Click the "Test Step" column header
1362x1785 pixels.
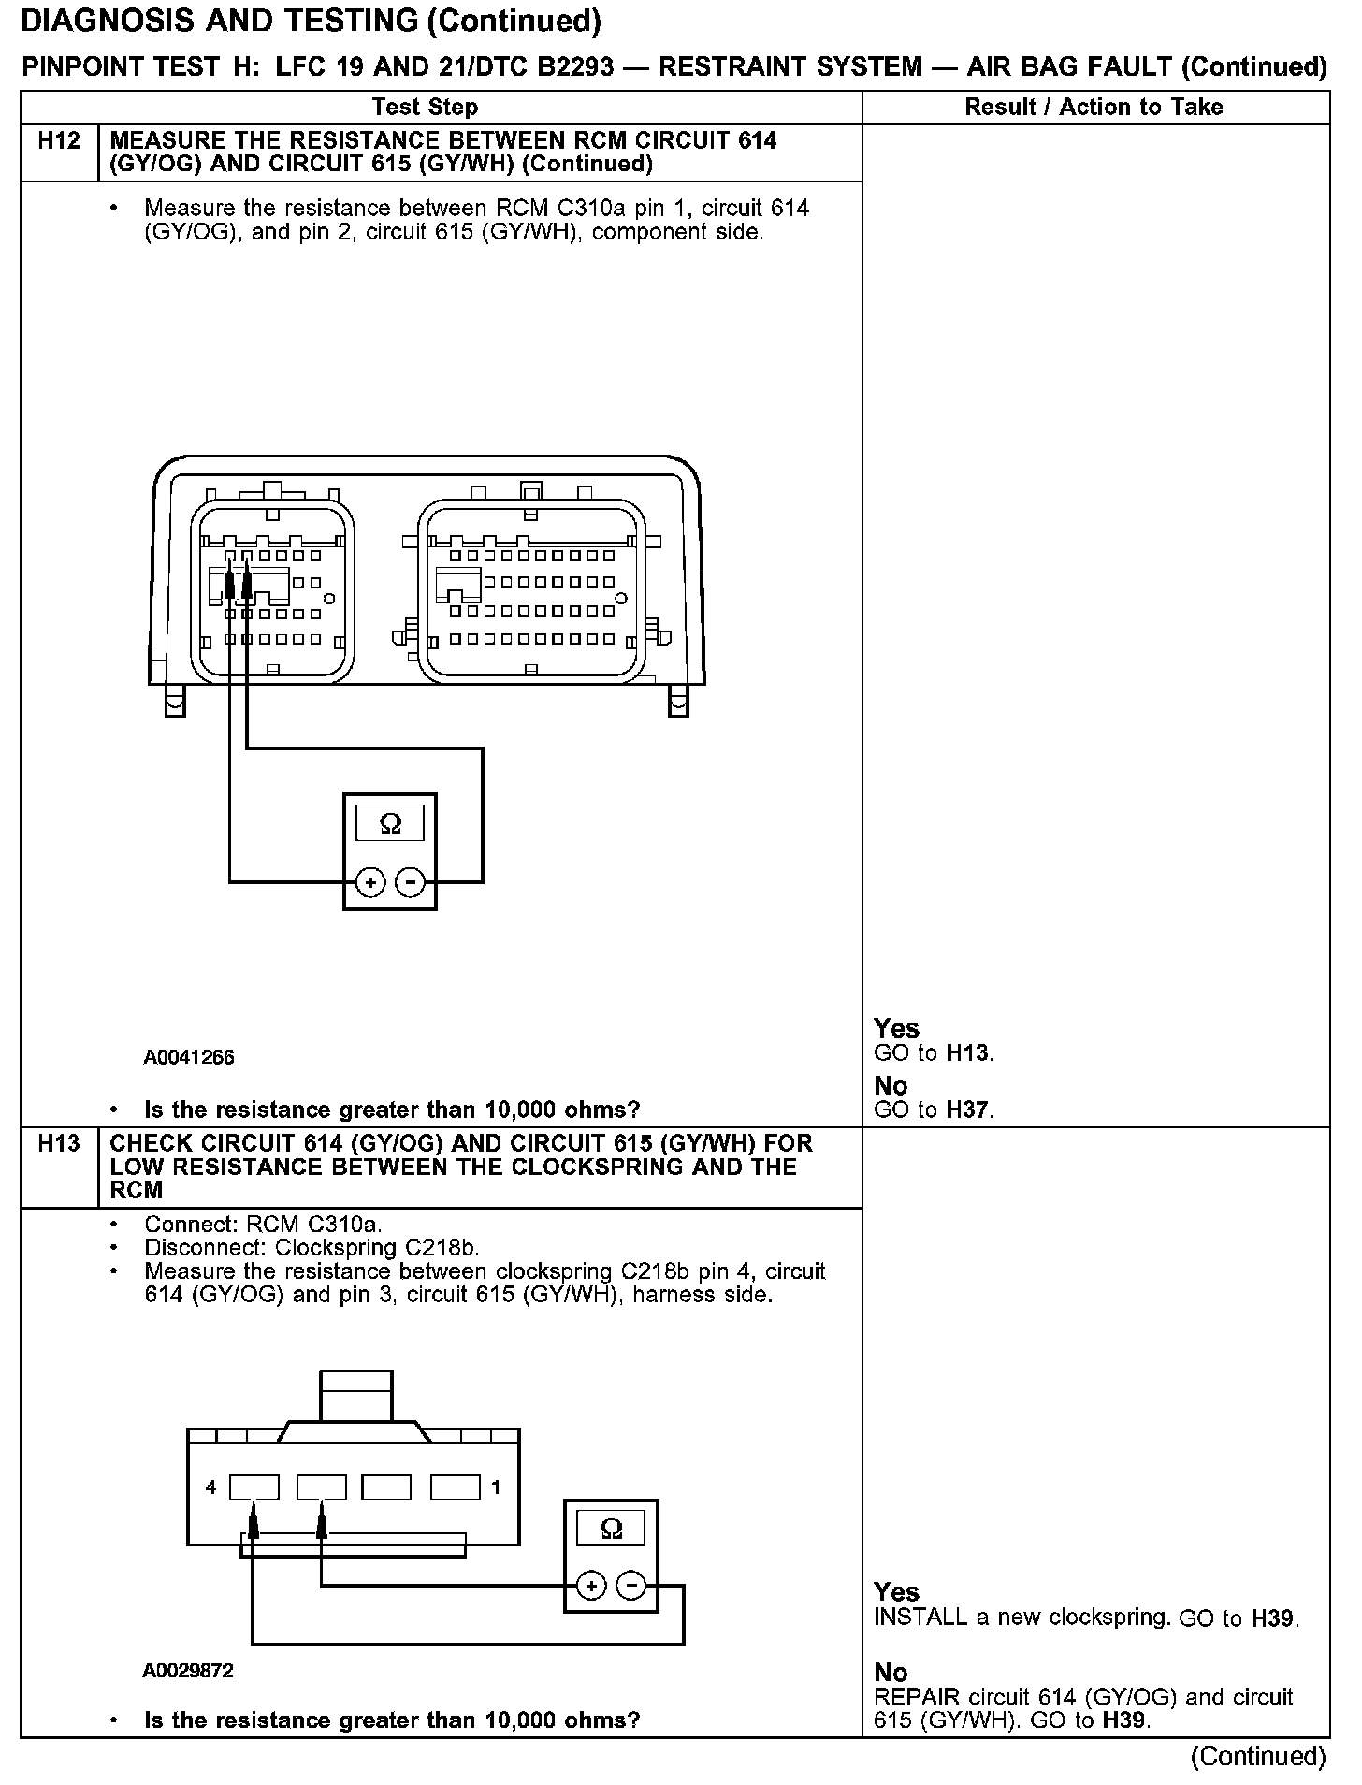click(x=425, y=107)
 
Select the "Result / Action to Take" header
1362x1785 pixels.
click(x=1094, y=107)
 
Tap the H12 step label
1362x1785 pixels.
click(x=59, y=141)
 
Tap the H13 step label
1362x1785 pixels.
click(x=59, y=1143)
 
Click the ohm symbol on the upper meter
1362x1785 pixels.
click(x=390, y=823)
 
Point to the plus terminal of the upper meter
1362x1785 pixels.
click(x=370, y=882)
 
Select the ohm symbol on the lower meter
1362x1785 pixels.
click(x=611, y=1529)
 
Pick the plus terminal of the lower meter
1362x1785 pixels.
click(x=591, y=1586)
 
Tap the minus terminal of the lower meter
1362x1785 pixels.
click(x=631, y=1586)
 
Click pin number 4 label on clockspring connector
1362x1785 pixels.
click(x=211, y=1487)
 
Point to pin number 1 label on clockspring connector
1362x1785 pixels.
click(x=496, y=1487)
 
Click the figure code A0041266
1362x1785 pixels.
click(x=189, y=1057)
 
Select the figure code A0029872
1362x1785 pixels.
click(x=188, y=1670)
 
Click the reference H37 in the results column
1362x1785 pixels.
click(x=968, y=1110)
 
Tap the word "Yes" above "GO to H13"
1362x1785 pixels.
click(x=896, y=1028)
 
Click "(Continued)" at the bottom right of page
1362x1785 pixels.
click(x=1258, y=1756)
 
